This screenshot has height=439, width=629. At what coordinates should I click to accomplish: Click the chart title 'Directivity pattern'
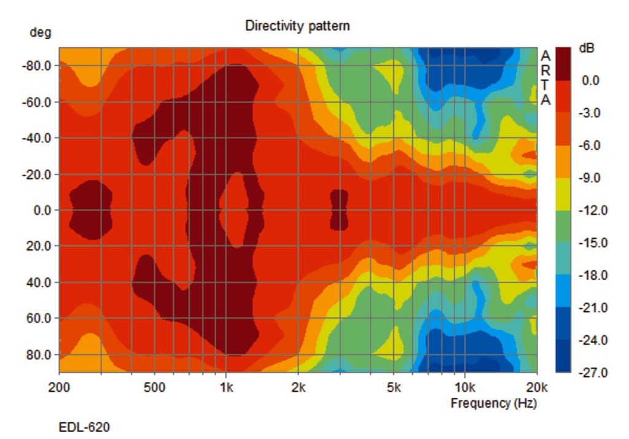pos(297,26)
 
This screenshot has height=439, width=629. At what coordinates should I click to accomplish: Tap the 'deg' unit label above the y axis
pos(40,33)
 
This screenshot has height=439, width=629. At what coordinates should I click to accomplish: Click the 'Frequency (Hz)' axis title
pos(493,403)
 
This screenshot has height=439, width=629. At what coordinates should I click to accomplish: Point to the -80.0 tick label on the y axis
pos(36,65)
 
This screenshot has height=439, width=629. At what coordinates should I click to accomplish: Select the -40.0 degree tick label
pos(36,138)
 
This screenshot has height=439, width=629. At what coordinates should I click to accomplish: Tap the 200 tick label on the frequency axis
pos(59,387)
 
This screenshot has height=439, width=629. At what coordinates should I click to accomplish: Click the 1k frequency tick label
pos(226,387)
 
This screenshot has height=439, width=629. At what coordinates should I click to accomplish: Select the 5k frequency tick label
pos(394,387)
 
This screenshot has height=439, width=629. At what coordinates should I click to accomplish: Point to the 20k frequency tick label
pos(536,387)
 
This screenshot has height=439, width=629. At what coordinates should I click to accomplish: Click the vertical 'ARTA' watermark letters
pos(545,78)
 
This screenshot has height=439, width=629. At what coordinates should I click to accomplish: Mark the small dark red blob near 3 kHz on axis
pos(339,209)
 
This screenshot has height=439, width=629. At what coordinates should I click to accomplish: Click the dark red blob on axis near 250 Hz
pos(90,209)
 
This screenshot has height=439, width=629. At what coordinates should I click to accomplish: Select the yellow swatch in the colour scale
pos(563,194)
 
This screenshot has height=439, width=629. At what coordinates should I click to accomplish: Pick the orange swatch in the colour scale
pos(563,161)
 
